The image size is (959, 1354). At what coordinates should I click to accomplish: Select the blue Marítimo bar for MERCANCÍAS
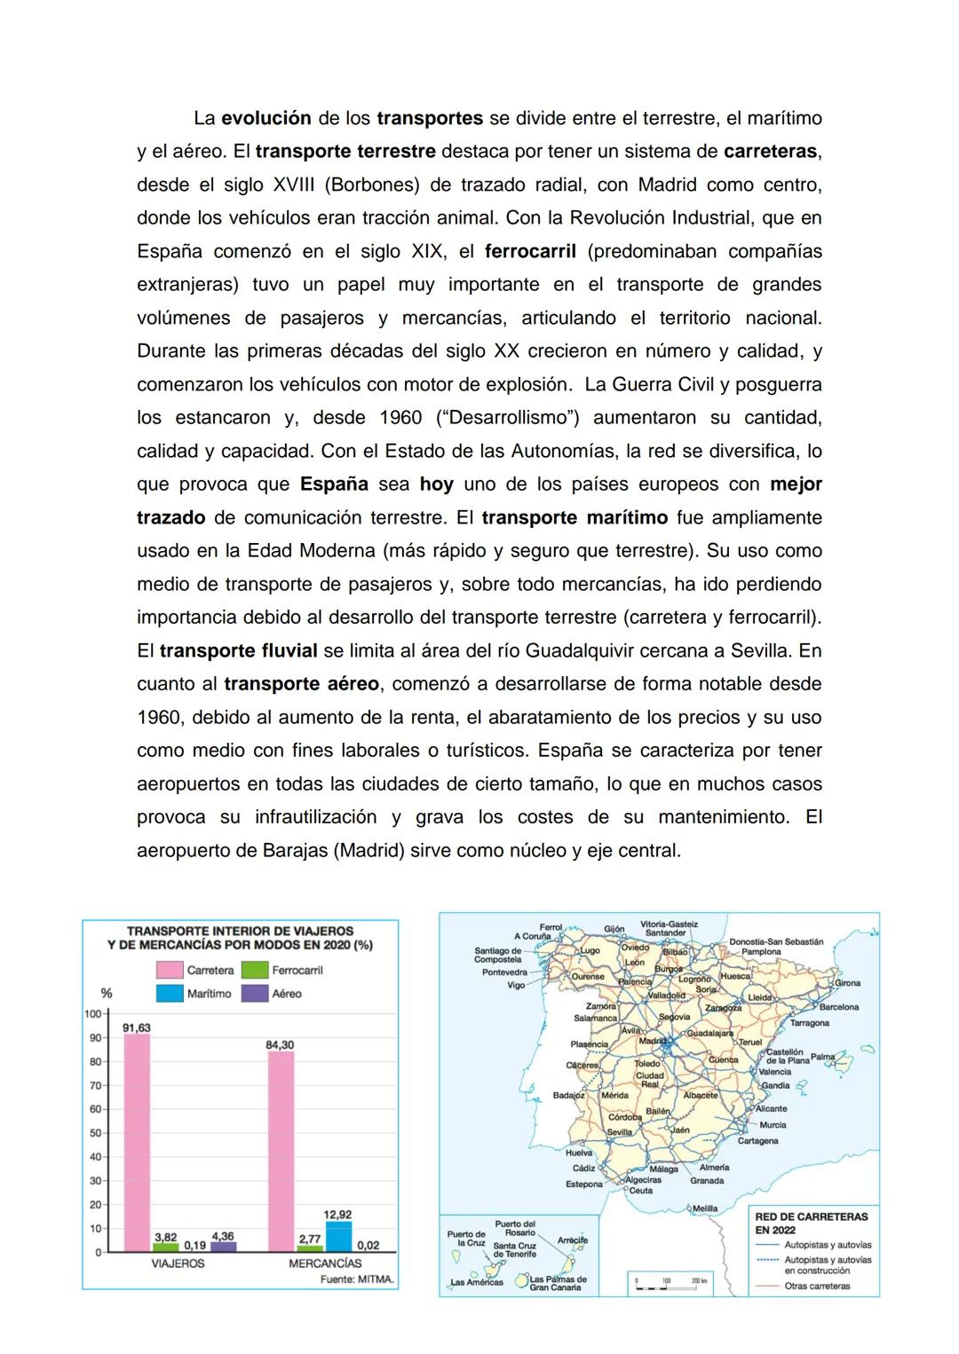(x=338, y=1237)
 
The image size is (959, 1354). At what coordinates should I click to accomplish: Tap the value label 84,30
(x=280, y=1044)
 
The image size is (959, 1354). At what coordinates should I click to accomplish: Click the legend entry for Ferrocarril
(x=285, y=970)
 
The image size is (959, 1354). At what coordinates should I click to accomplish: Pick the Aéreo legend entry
(x=275, y=994)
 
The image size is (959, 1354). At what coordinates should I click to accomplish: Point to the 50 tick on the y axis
(x=95, y=1133)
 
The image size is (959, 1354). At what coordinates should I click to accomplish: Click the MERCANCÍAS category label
(x=325, y=1263)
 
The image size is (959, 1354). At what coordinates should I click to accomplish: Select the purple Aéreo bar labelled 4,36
(x=223, y=1246)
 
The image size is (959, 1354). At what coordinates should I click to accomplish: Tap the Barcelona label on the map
(x=838, y=1007)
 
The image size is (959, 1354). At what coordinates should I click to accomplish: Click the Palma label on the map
(x=823, y=1057)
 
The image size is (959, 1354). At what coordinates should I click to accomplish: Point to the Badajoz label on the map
(x=568, y=1095)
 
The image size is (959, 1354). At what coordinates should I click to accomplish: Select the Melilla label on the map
(x=704, y=1208)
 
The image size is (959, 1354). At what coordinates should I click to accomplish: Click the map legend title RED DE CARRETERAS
(x=811, y=1216)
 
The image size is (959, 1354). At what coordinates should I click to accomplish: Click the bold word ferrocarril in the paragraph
(x=530, y=251)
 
